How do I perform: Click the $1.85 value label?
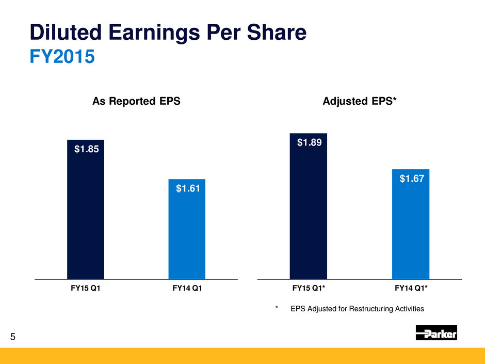click(86, 150)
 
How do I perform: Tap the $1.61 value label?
click(187, 189)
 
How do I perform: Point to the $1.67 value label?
click(411, 179)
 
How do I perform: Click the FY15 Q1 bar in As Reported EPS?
click(86, 217)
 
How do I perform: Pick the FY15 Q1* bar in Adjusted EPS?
click(309, 212)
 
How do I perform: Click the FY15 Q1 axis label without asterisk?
click(86, 289)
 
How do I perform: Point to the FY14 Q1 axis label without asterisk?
click(187, 289)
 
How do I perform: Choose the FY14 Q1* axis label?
click(411, 289)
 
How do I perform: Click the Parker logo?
click(436, 333)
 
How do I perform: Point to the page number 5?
click(13, 338)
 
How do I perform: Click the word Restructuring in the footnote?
click(362, 309)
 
